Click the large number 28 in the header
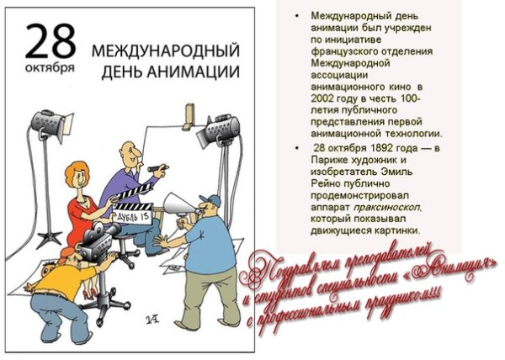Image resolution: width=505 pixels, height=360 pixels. click(x=50, y=41)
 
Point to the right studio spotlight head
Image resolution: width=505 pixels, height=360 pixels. click(x=210, y=127)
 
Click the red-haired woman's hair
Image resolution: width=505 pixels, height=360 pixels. click(x=80, y=171)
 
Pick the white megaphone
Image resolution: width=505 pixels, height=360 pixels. click(x=177, y=204)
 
